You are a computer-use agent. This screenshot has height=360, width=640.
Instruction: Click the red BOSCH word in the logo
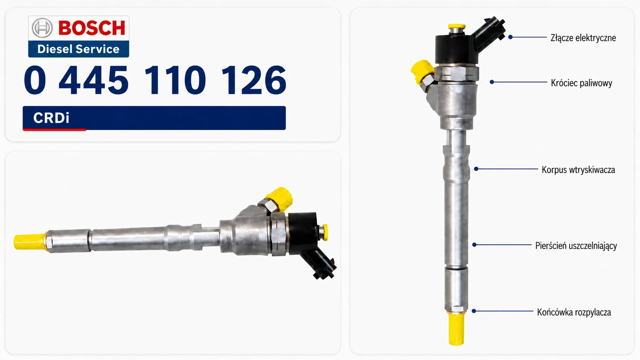point(92,28)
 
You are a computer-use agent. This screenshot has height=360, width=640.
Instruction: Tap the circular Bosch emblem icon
point(42,28)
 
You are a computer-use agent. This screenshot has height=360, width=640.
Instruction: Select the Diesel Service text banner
point(78,49)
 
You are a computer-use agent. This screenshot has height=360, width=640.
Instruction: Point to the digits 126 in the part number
point(254,80)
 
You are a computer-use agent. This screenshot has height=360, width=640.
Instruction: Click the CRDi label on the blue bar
point(51,118)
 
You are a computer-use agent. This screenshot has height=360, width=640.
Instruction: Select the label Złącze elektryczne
point(583,38)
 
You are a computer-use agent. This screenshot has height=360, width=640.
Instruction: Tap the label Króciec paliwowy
point(581,83)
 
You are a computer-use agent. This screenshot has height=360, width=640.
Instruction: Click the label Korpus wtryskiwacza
point(578,170)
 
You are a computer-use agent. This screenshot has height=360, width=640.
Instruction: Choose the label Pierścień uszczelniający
point(576,246)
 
